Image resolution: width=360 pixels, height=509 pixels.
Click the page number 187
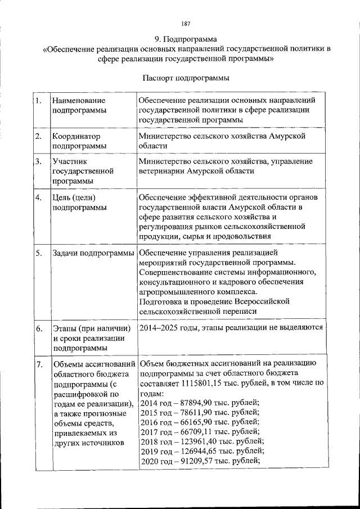tap(186, 24)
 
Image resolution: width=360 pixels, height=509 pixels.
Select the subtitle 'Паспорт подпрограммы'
tap(186, 77)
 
